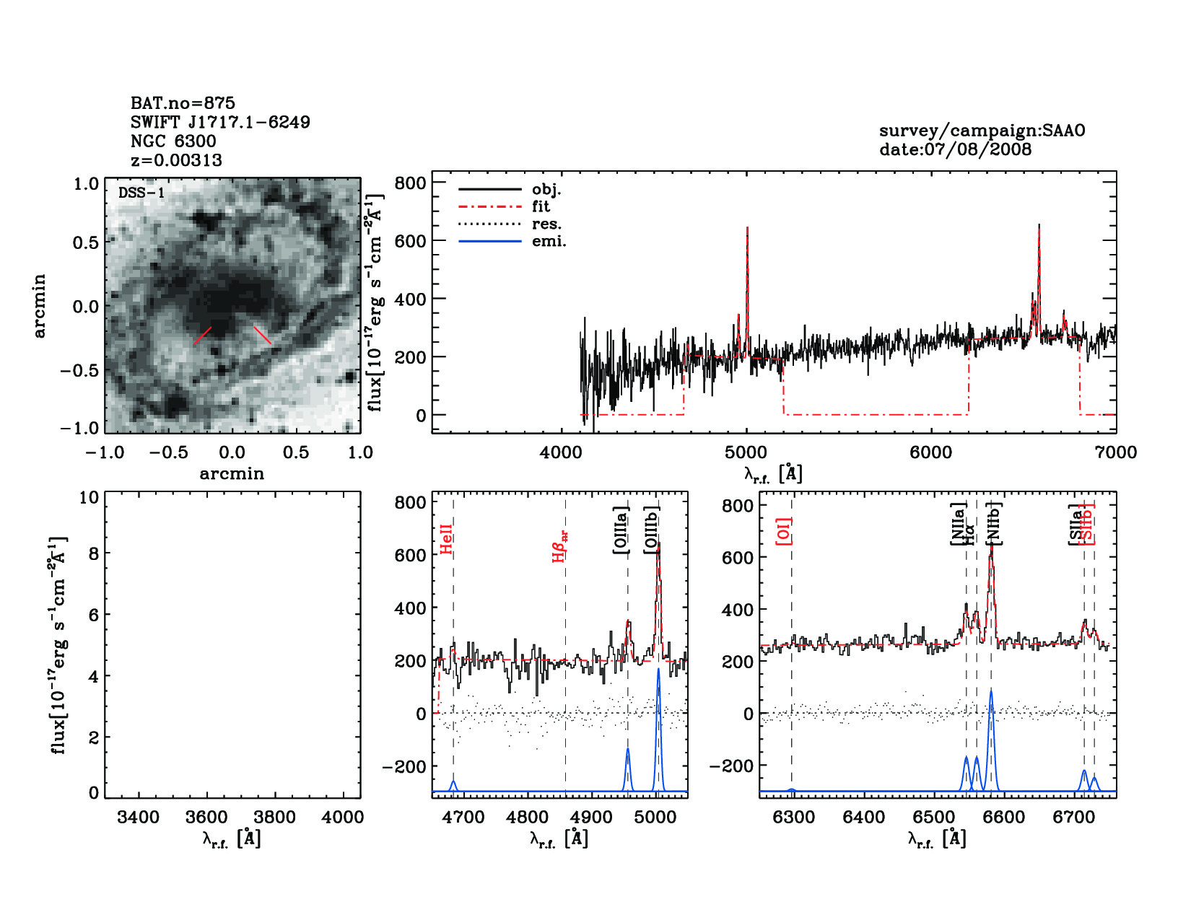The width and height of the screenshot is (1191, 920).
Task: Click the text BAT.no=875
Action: click(183, 103)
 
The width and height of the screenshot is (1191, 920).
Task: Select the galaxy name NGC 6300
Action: click(173, 141)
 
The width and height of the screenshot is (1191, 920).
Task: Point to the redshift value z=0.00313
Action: click(176, 160)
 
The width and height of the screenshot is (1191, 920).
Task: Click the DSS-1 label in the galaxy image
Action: click(141, 193)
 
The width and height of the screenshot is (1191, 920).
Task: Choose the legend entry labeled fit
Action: click(541, 207)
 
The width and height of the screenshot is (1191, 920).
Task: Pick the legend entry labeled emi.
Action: click(549, 242)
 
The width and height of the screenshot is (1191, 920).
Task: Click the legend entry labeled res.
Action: click(546, 224)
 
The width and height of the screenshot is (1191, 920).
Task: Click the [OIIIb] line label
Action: click(652, 530)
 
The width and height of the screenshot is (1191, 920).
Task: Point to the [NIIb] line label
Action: click(995, 523)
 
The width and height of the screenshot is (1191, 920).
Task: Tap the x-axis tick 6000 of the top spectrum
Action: click(931, 453)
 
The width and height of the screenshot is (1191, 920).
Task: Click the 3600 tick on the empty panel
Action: click(207, 818)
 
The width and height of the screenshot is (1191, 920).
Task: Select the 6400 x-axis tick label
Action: click(864, 818)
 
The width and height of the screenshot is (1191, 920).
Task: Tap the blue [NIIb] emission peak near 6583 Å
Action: click(991, 691)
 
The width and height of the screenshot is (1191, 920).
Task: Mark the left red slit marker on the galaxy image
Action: click(203, 336)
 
